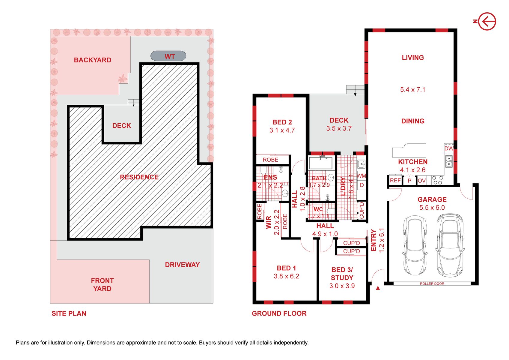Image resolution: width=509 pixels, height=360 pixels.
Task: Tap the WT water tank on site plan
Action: pos(168,56)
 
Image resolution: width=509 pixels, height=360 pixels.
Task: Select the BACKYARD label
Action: pos(93,60)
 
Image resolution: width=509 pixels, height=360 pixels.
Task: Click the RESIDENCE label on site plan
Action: pos(139,177)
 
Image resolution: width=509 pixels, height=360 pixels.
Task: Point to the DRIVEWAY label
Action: pos(182,265)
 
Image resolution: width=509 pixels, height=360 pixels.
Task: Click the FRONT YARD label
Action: pos(102,284)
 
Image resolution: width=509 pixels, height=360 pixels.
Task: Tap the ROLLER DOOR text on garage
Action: pos(432,283)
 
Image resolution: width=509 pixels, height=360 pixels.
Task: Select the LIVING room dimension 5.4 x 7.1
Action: pos(413,90)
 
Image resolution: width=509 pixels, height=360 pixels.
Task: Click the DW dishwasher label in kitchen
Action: pos(449,148)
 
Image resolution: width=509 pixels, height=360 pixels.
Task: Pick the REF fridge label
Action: pos(395,181)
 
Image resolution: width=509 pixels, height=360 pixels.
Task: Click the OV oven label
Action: pos(422,181)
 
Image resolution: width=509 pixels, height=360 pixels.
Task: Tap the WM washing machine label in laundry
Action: pos(361,176)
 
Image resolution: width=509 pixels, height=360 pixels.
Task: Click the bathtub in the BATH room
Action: pos(320,163)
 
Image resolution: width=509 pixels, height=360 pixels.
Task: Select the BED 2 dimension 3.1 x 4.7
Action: pos(282,130)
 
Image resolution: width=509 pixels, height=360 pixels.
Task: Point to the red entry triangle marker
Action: pos(378,288)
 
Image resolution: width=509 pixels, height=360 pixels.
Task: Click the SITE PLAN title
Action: pos(69,313)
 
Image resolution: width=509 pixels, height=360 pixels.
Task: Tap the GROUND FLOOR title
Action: pos(279,313)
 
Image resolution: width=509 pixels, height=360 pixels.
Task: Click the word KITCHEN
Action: pos(413,162)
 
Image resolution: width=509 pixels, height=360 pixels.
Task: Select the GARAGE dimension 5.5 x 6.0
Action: pos(432,207)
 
